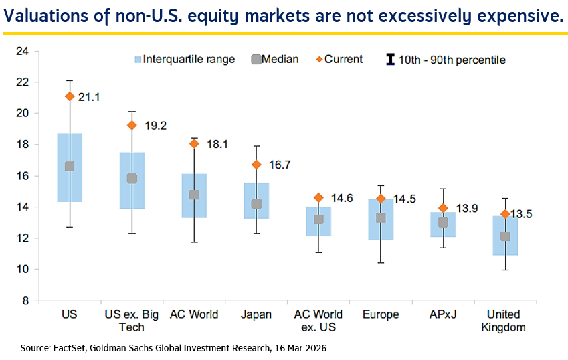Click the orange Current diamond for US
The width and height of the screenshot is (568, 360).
69,96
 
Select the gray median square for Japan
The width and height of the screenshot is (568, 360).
256,204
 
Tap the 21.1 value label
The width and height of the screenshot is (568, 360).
89,98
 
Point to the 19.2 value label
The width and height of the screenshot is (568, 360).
152,124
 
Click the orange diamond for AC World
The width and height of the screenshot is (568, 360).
195,143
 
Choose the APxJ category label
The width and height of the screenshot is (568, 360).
442,314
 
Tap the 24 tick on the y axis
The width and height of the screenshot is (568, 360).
22,51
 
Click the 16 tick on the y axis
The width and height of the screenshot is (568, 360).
22,176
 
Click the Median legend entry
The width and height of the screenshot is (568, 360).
272,59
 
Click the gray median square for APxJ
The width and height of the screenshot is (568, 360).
443,222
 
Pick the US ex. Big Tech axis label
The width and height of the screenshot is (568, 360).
132,321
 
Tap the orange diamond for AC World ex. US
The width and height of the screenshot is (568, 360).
318,198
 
